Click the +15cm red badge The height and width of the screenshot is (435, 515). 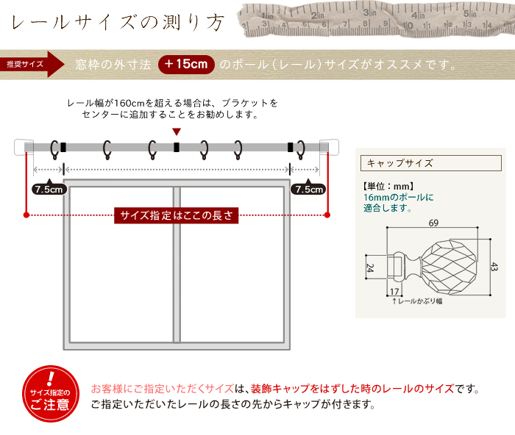(186, 65)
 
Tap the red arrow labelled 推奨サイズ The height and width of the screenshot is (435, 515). (32, 65)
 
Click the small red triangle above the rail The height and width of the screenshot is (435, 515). (177, 132)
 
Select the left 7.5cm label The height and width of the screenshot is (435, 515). (49, 189)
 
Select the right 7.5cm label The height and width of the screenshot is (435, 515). (308, 189)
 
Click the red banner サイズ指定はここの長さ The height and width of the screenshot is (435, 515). (176, 215)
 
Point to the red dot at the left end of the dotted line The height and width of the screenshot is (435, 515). (26, 215)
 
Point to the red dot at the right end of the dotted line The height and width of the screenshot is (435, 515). (327, 215)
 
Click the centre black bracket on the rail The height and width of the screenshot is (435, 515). (177, 147)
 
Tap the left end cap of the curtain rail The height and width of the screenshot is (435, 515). (24, 147)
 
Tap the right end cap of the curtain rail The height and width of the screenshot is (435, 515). (330, 147)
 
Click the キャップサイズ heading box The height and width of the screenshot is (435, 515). (431, 163)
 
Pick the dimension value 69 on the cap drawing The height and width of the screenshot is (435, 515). (433, 223)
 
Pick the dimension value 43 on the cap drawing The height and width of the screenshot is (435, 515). (494, 267)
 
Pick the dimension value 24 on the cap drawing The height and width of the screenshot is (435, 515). (370, 268)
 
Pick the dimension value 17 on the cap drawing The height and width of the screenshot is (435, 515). (394, 291)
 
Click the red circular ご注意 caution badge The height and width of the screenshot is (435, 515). (51, 394)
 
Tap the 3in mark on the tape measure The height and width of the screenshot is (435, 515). (369, 12)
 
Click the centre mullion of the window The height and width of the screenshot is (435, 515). (177, 265)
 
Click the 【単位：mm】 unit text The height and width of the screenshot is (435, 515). (388, 187)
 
